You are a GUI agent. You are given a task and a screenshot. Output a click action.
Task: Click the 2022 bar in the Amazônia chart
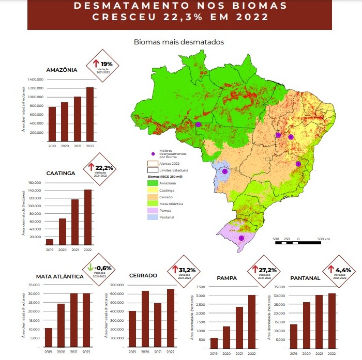[x=90, y=114]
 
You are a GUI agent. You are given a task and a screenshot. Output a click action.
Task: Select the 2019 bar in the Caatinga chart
[x=50, y=242]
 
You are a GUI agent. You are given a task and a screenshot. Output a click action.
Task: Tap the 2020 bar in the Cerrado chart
[x=146, y=319]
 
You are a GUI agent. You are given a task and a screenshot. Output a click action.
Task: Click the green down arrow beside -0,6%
[x=90, y=268]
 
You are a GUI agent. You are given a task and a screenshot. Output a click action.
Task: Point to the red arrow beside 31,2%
[x=173, y=270]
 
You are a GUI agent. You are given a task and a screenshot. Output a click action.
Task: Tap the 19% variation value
[x=113, y=64]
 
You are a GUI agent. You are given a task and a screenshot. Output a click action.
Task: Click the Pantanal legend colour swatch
[x=152, y=217]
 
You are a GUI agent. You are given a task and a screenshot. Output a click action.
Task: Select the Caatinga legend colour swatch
[x=152, y=191]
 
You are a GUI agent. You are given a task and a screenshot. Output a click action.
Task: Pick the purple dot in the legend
[x=153, y=154]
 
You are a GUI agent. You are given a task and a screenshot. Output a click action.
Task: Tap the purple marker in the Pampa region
[x=241, y=238]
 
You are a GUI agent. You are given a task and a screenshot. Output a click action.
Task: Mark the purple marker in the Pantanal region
[x=225, y=171]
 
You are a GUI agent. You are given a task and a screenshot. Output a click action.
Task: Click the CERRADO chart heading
[x=143, y=275]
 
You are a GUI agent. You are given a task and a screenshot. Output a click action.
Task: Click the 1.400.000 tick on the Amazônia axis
[x=33, y=80]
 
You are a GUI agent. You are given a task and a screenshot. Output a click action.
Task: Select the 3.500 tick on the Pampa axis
[x=202, y=287]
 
